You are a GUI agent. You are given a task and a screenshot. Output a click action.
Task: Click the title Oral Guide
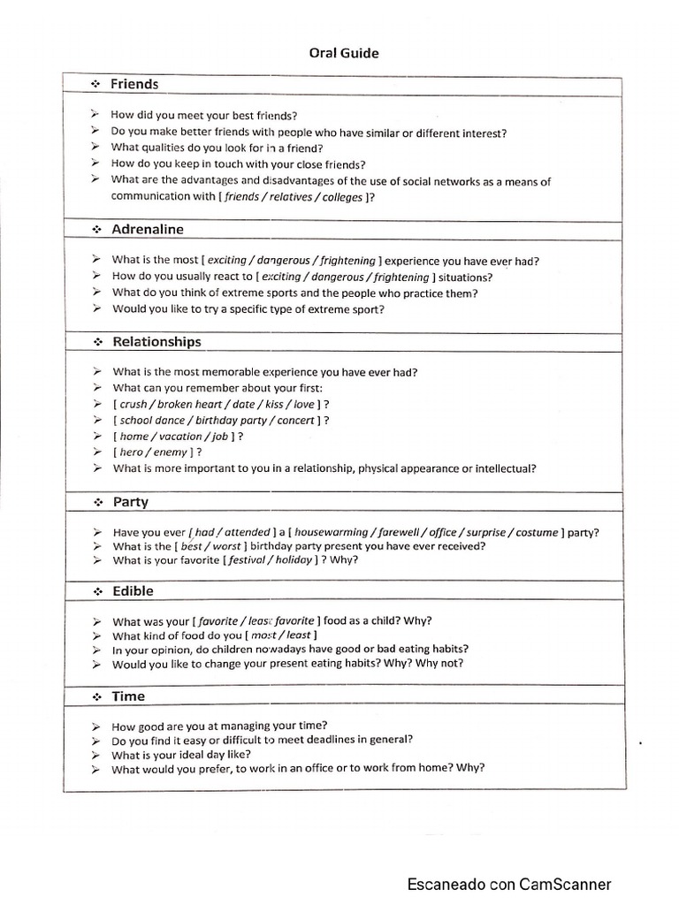tap(344, 53)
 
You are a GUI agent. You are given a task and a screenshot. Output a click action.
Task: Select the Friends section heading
tap(134, 84)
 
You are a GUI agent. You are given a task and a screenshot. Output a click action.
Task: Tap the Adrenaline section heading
tap(148, 229)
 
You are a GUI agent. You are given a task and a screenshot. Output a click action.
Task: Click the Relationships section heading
tap(156, 341)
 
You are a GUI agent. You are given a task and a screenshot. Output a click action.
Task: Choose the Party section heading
tap(131, 501)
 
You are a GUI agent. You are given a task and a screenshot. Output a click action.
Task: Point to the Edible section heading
tap(133, 590)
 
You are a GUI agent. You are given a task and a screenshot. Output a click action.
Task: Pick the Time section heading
tap(128, 696)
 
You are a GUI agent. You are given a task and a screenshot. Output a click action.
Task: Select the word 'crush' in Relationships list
tap(135, 404)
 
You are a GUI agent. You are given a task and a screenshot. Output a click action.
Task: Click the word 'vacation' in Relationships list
tap(179, 437)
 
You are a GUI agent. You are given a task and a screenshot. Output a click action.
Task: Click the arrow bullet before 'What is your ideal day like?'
tap(95, 755)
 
